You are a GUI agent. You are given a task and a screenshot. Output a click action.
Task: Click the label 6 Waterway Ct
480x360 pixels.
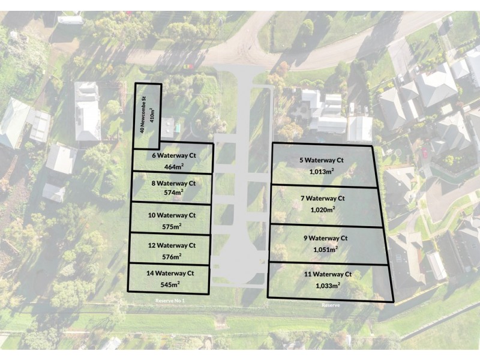174,155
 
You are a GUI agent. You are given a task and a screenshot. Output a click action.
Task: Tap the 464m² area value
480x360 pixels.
173,167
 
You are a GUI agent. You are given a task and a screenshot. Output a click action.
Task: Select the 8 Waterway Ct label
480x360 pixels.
173,184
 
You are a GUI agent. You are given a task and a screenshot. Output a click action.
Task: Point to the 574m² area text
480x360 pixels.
173,193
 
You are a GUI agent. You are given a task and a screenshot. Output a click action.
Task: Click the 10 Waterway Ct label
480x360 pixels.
172,215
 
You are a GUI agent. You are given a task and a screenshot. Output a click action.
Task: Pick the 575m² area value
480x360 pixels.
172,227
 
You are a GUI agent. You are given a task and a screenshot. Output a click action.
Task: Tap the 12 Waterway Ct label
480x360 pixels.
172,245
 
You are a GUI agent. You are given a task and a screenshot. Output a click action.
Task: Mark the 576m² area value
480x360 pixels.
172,257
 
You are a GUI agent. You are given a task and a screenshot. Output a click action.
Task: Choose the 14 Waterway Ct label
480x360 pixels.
170,274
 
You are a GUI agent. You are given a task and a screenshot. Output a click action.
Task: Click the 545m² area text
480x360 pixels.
170,284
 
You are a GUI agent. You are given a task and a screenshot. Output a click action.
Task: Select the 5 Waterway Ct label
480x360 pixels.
322,160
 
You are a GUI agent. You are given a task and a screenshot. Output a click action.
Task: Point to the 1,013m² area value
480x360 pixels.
322,172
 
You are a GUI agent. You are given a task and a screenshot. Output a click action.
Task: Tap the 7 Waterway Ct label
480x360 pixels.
323,199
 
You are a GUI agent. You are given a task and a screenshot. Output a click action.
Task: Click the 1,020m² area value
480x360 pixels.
323,209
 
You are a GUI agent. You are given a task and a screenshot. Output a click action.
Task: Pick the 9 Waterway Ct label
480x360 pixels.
325,238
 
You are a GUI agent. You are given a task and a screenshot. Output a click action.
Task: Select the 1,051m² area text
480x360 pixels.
325,250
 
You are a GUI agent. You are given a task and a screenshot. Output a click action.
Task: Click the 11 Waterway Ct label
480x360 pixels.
328,274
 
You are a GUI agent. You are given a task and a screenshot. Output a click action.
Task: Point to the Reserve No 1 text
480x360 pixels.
170,301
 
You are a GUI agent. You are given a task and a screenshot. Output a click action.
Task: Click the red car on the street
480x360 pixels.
188,66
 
